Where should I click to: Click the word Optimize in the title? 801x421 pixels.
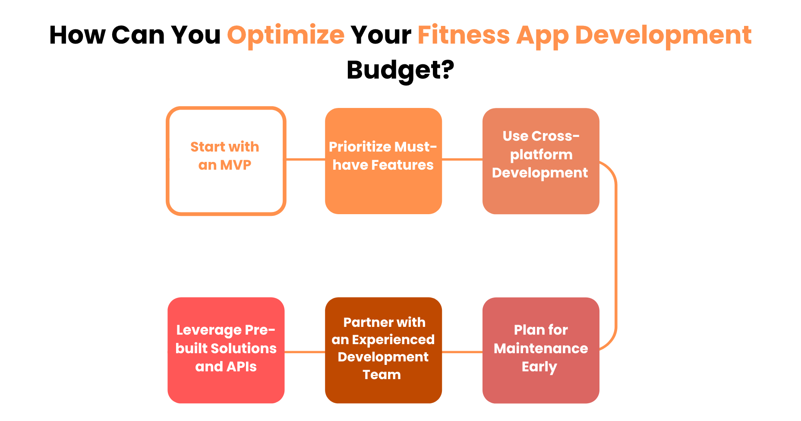(x=286, y=35)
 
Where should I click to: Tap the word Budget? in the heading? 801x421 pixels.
(x=400, y=70)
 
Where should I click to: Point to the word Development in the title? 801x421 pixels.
(x=663, y=35)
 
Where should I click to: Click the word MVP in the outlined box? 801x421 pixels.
(x=236, y=165)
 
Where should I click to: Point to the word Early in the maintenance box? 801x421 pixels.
(x=539, y=367)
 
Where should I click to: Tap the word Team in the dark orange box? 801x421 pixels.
(x=382, y=375)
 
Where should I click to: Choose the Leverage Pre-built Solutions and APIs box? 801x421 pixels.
(x=226, y=389)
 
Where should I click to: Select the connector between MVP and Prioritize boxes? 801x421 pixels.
(x=306, y=159)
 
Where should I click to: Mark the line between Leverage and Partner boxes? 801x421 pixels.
(x=305, y=352)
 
